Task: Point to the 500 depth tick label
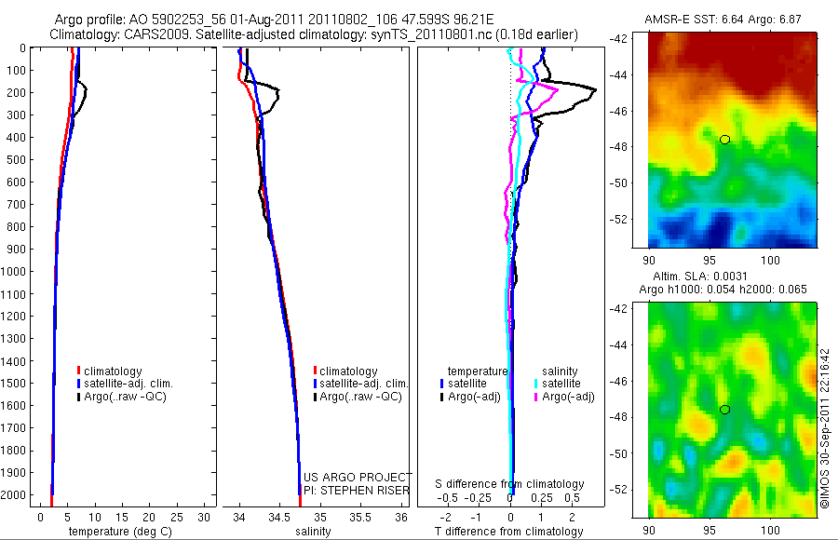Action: tap(16, 159)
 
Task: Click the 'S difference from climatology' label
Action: tap(510, 484)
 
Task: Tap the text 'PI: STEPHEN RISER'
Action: tap(358, 491)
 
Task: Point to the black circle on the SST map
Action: tap(724, 140)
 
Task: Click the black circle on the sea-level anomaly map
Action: tap(724, 410)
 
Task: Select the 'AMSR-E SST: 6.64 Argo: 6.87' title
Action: tap(723, 20)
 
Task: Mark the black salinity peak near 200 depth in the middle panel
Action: tap(277, 92)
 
